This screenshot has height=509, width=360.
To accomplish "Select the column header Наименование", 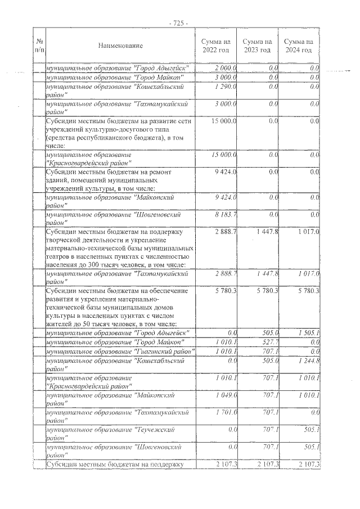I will coord(120,46).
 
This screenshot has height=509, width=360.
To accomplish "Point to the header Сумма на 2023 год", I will coord(257,46).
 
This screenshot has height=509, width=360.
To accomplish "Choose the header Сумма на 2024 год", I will coord(298,46).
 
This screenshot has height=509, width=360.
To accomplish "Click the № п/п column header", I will coord(39,46).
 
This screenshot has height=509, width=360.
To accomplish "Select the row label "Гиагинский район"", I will coord(120,351).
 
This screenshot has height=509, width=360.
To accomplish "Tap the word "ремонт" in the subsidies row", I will coord(178,172).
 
